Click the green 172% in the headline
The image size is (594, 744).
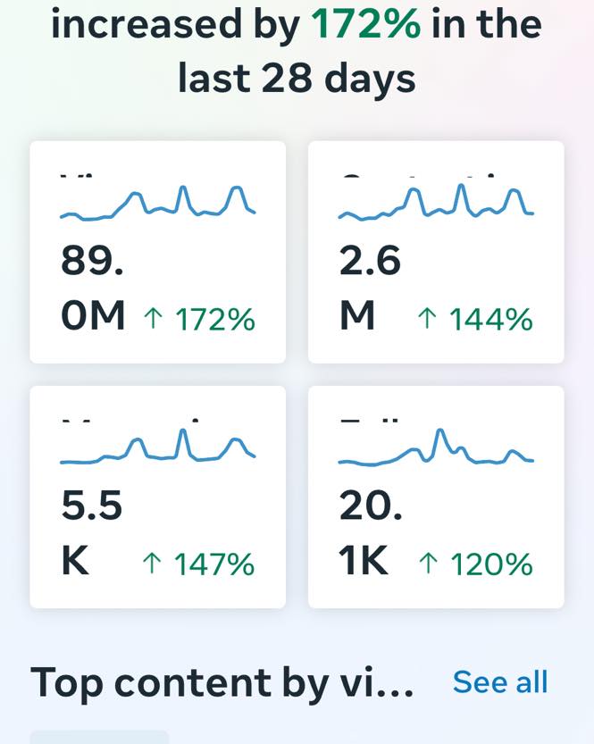point(366,24)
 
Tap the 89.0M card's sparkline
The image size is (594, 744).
point(157,204)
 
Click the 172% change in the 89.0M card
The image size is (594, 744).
point(214,319)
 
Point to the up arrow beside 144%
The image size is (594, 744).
point(427,319)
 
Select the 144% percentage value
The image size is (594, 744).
point(491,319)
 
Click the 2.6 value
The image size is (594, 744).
point(370,262)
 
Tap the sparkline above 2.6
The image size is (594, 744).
point(436,204)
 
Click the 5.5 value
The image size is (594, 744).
point(92,506)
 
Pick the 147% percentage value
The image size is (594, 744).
point(214,564)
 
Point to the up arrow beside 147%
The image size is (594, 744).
point(152,564)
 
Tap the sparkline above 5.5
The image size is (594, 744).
point(157,448)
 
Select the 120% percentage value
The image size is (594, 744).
point(491,564)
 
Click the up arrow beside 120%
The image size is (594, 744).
point(428,564)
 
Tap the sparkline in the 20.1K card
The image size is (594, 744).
point(436,448)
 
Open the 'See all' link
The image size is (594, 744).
point(499,681)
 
